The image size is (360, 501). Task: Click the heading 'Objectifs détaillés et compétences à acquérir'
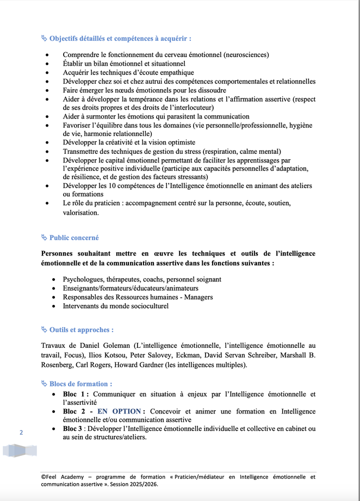(119, 39)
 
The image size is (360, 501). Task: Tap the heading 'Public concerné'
(74, 237)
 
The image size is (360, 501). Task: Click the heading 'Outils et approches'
(81, 329)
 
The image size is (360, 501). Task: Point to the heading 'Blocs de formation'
(80, 384)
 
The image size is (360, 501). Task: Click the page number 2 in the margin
(21, 433)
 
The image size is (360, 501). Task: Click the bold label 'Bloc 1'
(75, 394)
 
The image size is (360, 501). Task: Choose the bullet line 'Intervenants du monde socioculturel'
(116, 306)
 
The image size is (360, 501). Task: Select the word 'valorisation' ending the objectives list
(80, 212)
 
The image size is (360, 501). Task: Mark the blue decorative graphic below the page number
(20, 450)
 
